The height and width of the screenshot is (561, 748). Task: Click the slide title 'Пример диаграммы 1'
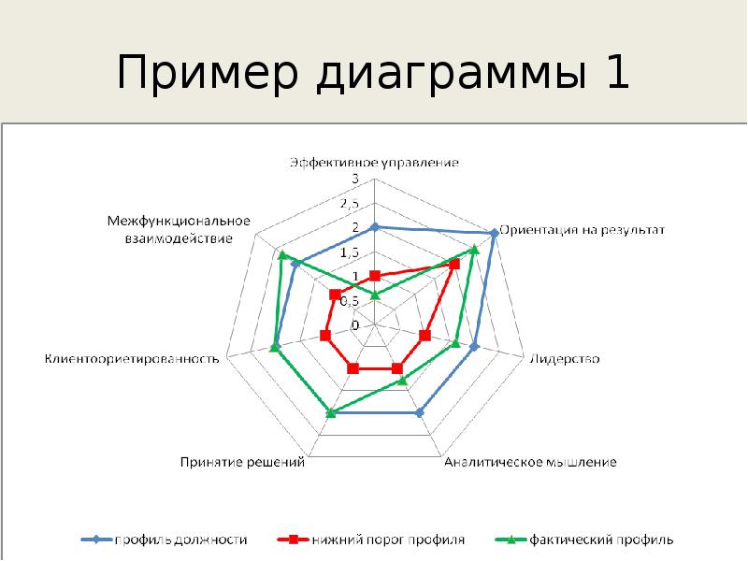click(372, 74)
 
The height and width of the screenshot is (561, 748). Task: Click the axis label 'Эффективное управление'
click(374, 163)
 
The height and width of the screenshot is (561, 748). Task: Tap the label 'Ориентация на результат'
click(582, 229)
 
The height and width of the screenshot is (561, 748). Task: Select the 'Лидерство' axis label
click(565, 359)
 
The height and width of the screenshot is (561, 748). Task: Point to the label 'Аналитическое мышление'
click(530, 462)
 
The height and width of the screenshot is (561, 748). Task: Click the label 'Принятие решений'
click(242, 462)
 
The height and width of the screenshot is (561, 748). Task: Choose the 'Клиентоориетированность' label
click(132, 359)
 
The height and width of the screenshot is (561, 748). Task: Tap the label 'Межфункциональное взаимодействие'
click(177, 230)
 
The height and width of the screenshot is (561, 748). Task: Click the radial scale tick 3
click(355, 178)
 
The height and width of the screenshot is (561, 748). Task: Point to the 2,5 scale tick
click(350, 203)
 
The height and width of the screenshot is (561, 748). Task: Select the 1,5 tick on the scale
click(350, 252)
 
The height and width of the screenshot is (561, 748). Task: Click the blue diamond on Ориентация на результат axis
click(493, 233)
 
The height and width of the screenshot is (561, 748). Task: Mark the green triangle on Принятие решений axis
click(329, 411)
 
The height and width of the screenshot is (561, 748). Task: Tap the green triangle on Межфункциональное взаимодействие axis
click(281, 254)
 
